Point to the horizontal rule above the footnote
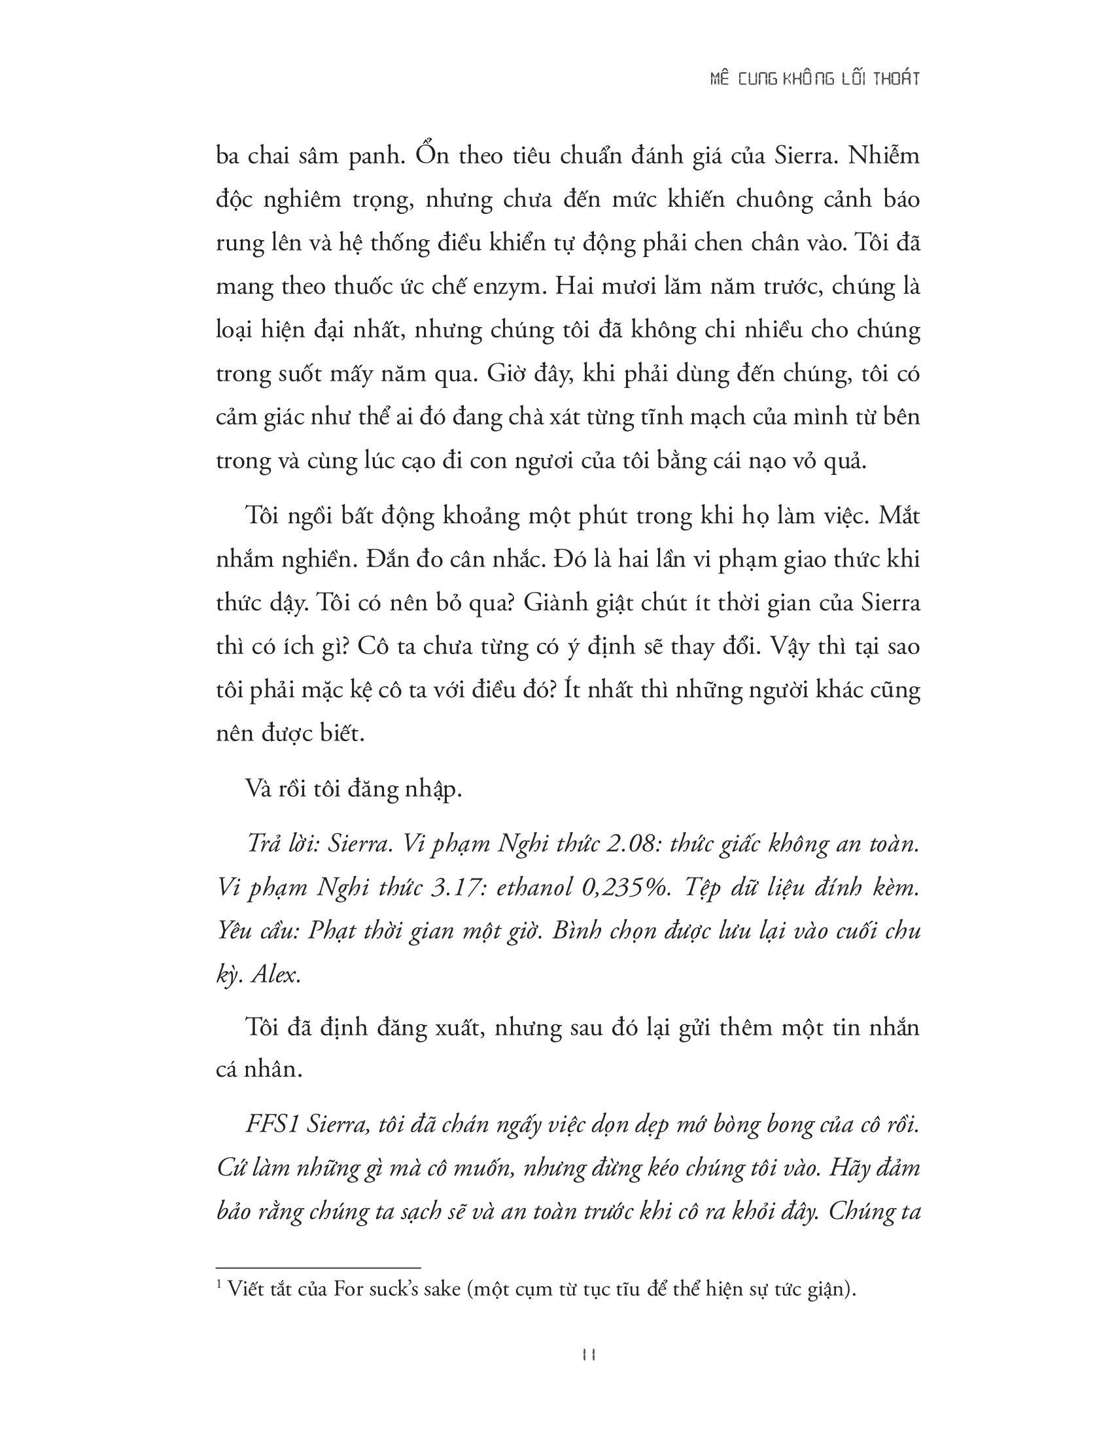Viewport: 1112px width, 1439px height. tap(318, 1266)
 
